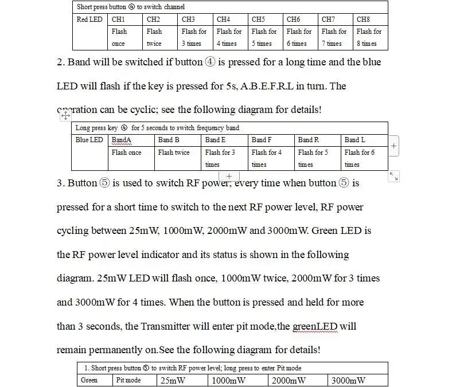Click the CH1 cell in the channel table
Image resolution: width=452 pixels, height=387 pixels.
(118, 19)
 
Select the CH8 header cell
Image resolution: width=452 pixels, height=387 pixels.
(363, 19)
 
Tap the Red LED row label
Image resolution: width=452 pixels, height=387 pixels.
(89, 19)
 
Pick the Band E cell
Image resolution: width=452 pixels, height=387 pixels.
(216, 140)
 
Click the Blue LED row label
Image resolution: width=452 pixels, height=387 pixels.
(89, 140)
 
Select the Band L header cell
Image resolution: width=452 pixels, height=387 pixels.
(355, 140)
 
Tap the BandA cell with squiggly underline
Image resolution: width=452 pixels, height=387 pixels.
(122, 140)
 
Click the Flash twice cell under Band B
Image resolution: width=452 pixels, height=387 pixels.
(174, 153)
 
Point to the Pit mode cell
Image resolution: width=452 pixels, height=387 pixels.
(128, 380)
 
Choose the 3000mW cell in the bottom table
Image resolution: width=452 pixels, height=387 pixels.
(348, 380)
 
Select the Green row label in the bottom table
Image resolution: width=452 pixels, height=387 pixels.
(89, 380)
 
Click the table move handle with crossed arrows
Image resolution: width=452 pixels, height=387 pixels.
(65, 116)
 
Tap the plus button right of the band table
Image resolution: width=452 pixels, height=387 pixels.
(394, 146)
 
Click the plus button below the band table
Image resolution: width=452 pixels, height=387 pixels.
(229, 176)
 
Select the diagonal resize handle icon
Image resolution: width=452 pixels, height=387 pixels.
(394, 177)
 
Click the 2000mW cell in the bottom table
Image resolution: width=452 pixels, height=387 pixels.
(289, 380)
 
